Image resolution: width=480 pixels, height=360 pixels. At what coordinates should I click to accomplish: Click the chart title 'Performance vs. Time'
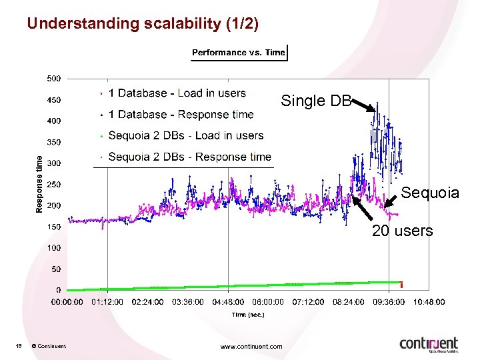pyautogui.click(x=239, y=53)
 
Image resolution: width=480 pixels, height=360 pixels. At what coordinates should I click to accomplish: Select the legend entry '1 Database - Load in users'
pyautogui.click(x=177, y=93)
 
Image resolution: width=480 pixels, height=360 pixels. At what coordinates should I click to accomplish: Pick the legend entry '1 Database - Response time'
pyautogui.click(x=181, y=115)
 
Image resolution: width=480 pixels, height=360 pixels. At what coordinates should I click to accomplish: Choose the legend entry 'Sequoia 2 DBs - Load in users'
pyautogui.click(x=185, y=136)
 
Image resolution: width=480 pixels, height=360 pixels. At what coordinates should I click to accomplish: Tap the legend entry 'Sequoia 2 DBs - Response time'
pyautogui.click(x=189, y=157)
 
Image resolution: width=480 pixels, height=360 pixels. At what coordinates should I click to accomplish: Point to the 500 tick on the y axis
pyautogui.click(x=54, y=79)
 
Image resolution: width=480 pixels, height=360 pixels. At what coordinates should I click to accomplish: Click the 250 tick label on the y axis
pyautogui.click(x=54, y=185)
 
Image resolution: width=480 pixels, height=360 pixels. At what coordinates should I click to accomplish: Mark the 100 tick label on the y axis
pyautogui.click(x=54, y=248)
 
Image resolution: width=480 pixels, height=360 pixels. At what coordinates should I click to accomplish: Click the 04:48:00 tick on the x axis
pyautogui.click(x=229, y=302)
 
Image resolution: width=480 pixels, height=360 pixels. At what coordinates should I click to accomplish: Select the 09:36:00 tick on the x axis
pyautogui.click(x=389, y=302)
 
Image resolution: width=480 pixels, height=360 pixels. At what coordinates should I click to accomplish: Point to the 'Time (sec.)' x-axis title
pyautogui.click(x=248, y=315)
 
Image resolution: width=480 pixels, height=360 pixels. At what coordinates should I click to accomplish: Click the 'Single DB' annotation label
pyautogui.click(x=316, y=101)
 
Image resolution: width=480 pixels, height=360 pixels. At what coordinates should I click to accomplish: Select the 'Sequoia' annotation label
pyautogui.click(x=430, y=193)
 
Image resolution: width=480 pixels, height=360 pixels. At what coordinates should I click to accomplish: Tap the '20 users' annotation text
pyautogui.click(x=402, y=231)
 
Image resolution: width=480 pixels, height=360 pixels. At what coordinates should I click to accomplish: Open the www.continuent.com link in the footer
pyautogui.click(x=251, y=346)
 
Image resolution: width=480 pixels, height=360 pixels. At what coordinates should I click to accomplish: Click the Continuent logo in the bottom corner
pyautogui.click(x=429, y=344)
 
